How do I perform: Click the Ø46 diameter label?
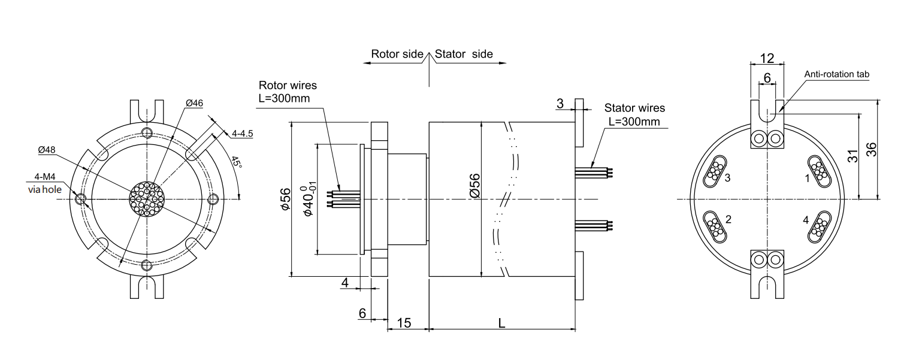(194, 103)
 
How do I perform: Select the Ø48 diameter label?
(47, 151)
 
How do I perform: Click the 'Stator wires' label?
(634, 108)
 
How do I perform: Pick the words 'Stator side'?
(464, 54)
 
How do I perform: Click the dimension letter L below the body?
(502, 322)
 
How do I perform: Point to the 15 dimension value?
(404, 323)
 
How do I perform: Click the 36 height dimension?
(889, 150)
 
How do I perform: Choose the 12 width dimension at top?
(767, 58)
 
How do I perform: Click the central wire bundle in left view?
(146, 199)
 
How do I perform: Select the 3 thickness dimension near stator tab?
(560, 103)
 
